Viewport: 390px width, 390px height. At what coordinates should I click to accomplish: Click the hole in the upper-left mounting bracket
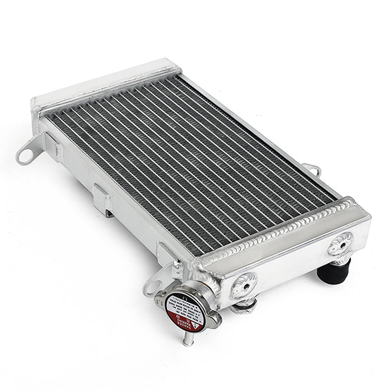click(23, 154)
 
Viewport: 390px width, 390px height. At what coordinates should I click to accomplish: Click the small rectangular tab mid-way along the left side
click(101, 198)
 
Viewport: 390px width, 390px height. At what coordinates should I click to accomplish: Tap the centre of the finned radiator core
click(192, 161)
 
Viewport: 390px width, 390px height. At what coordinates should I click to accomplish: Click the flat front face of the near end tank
click(291, 260)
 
